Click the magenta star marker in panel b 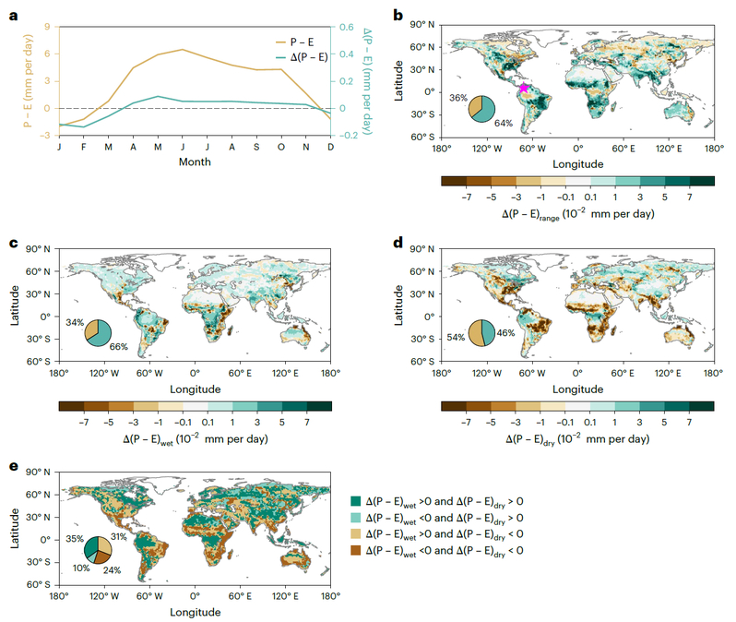tap(523, 89)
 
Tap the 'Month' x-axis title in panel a tap(195, 161)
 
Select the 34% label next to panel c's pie tap(75, 322)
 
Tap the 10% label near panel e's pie tap(80, 568)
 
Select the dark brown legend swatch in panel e tap(357, 549)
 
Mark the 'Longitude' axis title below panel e tap(194, 611)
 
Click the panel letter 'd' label tap(398, 243)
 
